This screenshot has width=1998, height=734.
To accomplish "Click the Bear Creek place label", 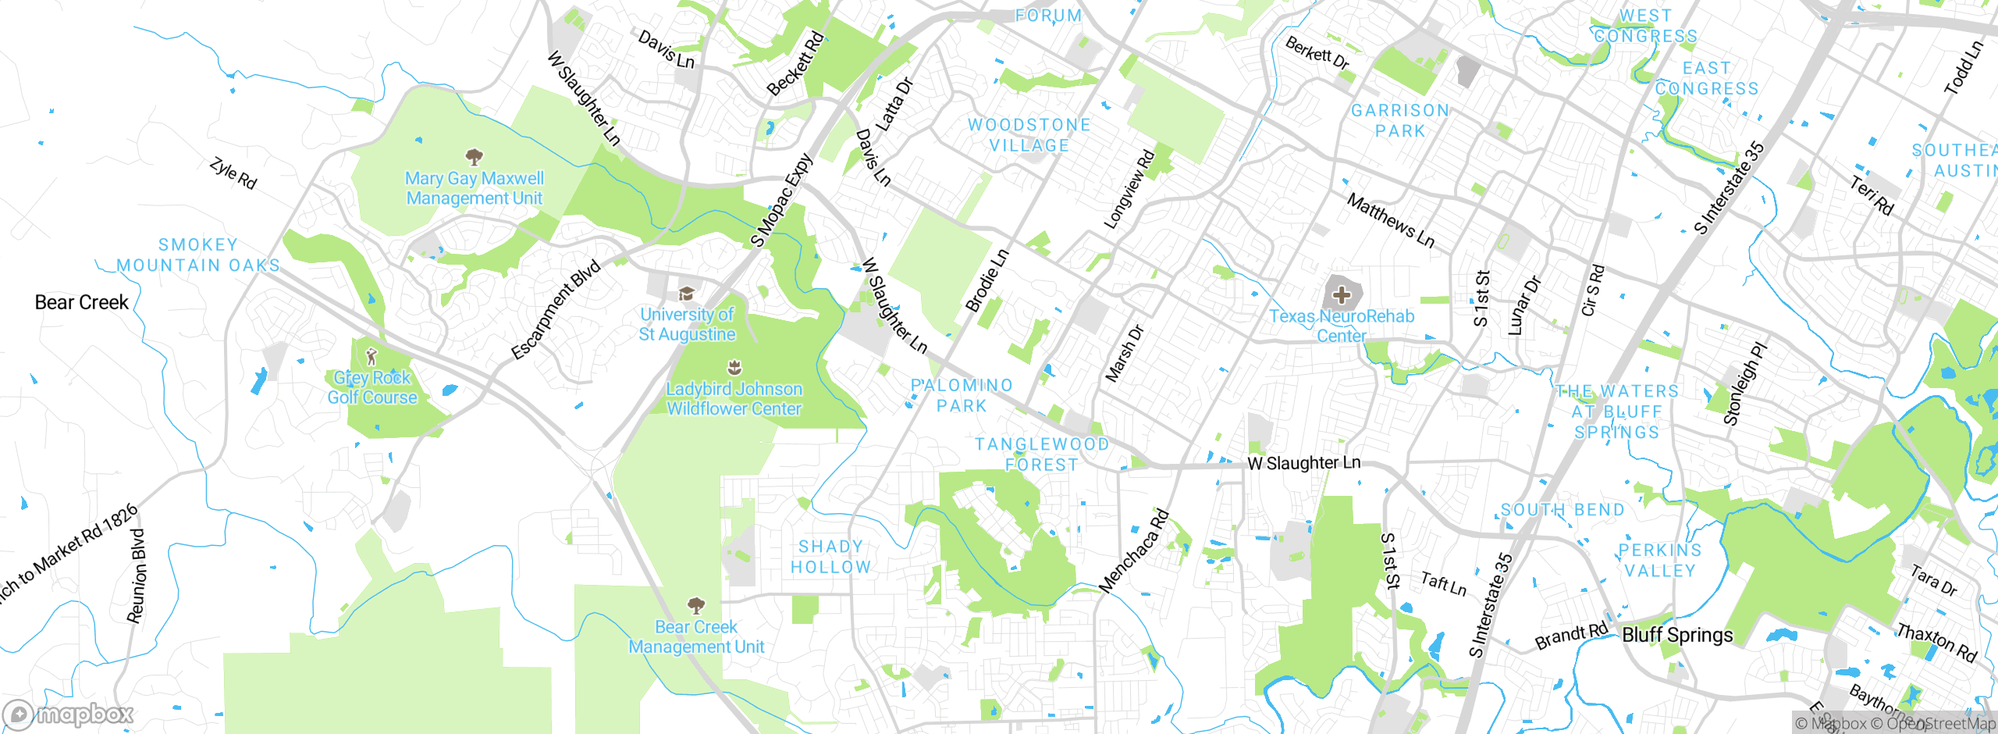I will pos(81,303).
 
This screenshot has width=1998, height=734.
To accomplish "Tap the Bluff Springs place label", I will pos(1677,636).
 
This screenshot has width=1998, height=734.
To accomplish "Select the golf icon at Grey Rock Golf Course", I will pos(372,358).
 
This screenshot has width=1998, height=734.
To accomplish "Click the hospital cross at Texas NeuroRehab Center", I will pos(1342,295).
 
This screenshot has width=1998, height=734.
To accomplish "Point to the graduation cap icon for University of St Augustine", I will pos(686,294).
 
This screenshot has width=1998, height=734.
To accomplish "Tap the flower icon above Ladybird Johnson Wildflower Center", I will pos(734,368).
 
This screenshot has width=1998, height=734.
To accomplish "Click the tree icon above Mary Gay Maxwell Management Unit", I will pos(474,158).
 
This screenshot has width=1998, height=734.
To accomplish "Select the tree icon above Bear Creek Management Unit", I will pos(696,606).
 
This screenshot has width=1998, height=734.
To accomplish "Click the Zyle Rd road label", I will pos(233,173).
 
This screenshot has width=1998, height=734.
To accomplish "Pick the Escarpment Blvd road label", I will pos(556,310).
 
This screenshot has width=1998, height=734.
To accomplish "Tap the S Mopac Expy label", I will pos(781,201).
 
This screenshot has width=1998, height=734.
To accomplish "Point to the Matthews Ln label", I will pos(1391,221).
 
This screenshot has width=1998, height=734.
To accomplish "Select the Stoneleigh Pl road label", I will pos(1744,383).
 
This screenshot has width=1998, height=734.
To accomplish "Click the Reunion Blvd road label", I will pos(137,576).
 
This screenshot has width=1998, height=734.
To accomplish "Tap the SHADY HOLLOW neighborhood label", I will pos(830,557).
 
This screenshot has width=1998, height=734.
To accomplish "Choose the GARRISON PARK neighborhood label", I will pos(1400,121).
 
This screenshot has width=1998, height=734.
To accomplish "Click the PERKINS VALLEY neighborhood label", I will pos(1660,561).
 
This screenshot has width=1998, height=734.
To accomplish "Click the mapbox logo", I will pos(69,714).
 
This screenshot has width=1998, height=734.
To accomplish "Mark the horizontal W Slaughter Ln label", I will pos(1303,463).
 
